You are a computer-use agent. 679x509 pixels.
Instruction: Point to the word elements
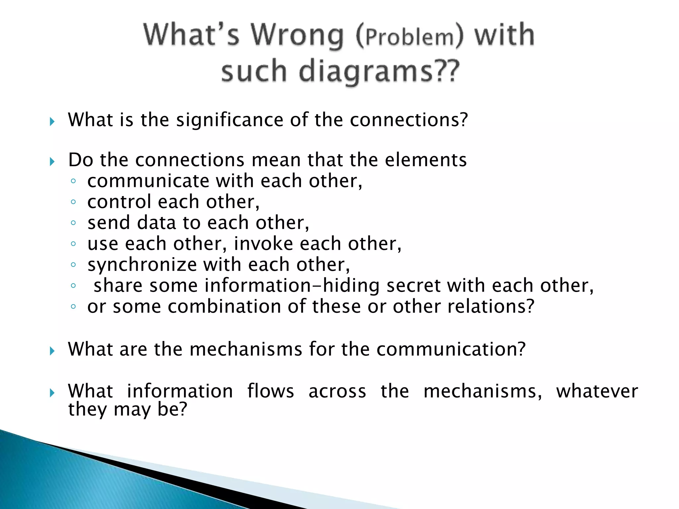[426, 160]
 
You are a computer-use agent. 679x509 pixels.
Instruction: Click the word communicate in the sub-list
[148, 181]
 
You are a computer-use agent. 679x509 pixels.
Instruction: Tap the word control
[119, 202]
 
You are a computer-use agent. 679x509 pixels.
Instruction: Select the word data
[156, 223]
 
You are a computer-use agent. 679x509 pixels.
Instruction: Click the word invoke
[263, 244]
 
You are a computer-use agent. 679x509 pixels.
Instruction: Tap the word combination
[224, 306]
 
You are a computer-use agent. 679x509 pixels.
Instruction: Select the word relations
[491, 306]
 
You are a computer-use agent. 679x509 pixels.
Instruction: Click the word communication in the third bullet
[451, 349]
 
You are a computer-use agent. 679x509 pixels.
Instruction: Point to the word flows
[271, 391]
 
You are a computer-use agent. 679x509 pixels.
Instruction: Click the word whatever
[597, 391]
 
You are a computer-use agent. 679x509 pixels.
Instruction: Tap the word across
[337, 391]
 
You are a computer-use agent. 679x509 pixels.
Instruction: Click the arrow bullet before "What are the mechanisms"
[52, 351]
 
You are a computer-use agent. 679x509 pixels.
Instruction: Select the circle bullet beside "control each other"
[73, 202]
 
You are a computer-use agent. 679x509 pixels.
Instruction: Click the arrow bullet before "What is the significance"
[52, 122]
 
